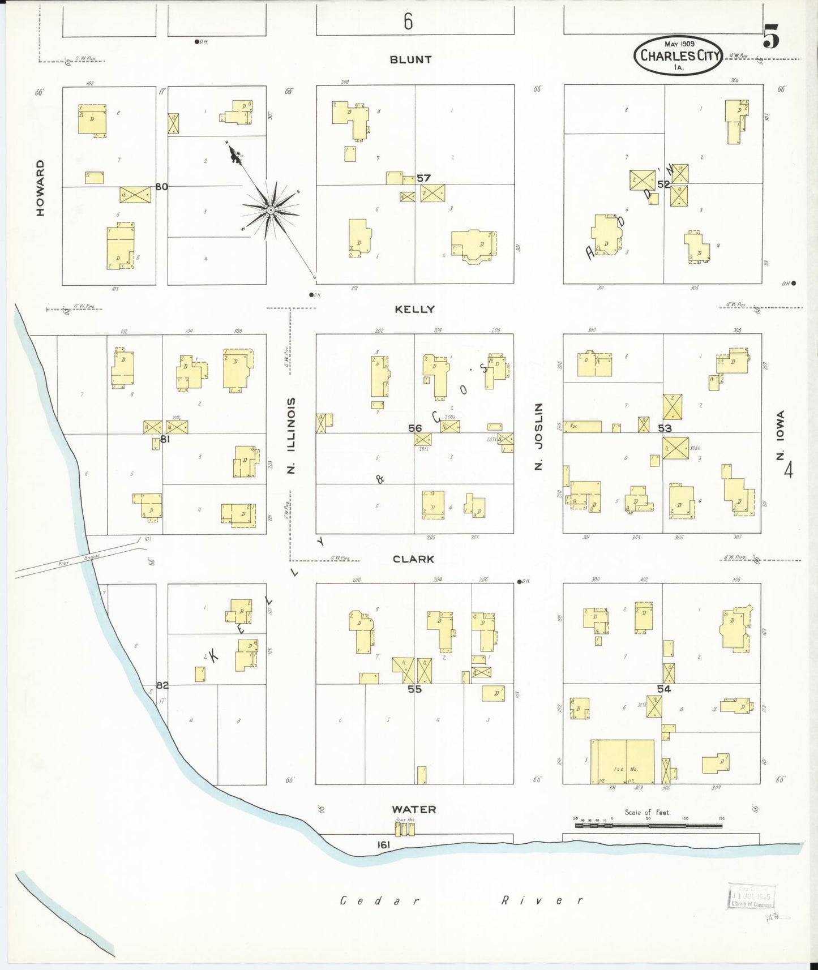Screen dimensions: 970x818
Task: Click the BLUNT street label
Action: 410,59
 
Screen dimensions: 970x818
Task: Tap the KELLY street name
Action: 414,309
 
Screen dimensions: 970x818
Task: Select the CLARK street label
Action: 414,559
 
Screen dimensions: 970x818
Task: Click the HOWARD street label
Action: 40,187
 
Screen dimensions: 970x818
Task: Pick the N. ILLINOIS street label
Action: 291,435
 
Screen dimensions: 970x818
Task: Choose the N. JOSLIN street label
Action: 538,436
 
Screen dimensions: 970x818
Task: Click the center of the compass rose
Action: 271,210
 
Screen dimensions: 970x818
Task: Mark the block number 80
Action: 161,187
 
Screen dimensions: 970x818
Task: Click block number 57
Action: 423,178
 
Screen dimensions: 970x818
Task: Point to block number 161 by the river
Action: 384,845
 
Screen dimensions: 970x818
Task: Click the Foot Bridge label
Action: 79,560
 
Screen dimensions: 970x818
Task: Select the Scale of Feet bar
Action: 648,826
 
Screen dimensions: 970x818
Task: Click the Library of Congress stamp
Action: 751,896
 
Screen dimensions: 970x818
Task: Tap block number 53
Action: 664,428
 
